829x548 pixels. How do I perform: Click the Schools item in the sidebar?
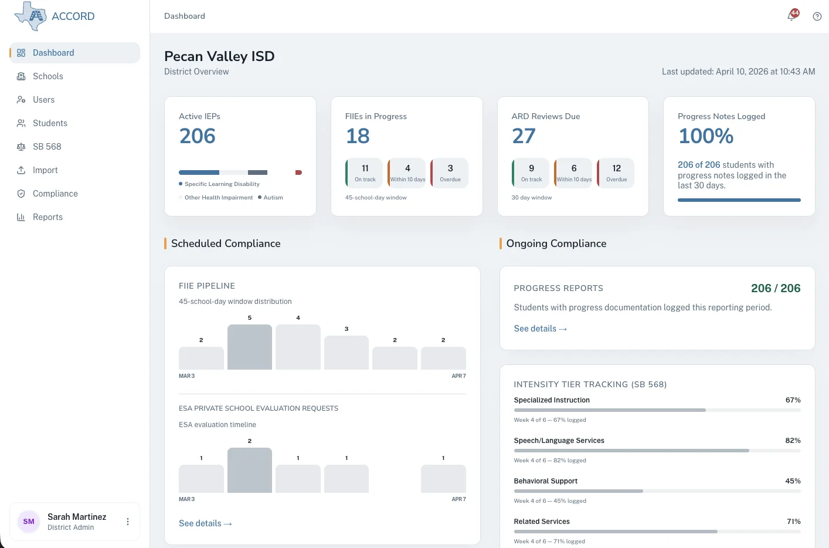pos(47,76)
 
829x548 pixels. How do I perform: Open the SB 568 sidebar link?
pos(47,147)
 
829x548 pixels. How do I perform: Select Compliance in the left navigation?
pos(55,194)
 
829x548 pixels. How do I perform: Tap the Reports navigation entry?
pos(47,217)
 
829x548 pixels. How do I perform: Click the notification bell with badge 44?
pos(791,16)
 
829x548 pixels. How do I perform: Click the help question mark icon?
pos(817,16)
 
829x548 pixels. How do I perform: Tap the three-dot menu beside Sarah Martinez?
pos(128,522)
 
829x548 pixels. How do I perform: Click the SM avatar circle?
pos(29,522)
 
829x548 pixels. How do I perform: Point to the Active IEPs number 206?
pos(198,136)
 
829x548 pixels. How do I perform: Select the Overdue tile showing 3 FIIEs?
pos(450,173)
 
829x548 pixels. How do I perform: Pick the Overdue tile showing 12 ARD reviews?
pos(616,173)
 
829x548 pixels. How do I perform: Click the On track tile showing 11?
pos(365,173)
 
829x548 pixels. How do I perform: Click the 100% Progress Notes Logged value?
pos(706,136)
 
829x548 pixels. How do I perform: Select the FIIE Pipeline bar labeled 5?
pos(250,347)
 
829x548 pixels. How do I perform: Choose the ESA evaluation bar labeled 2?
pos(250,470)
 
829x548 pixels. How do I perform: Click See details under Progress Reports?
pos(540,329)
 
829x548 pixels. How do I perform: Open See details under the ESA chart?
pos(205,523)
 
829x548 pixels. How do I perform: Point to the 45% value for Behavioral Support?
pos(793,481)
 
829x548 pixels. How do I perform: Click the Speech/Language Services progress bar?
pos(657,451)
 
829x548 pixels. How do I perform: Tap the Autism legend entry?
pos(271,198)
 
